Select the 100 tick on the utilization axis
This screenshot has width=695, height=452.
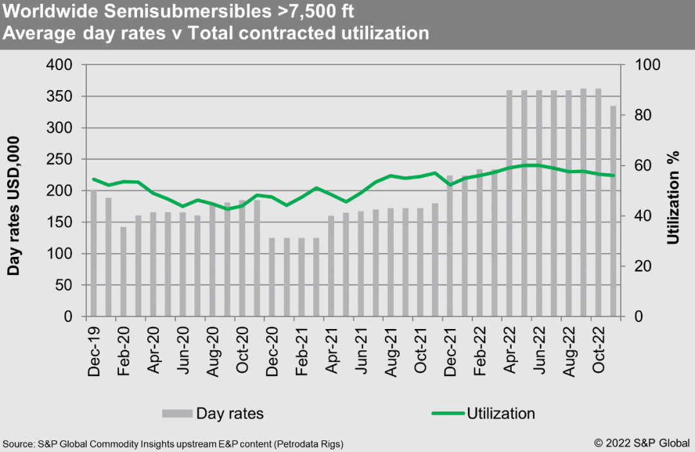[645, 65]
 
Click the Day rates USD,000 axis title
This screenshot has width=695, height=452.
[14, 206]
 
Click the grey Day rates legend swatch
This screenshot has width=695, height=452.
[177, 413]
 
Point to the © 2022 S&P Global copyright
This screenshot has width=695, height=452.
[642, 444]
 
